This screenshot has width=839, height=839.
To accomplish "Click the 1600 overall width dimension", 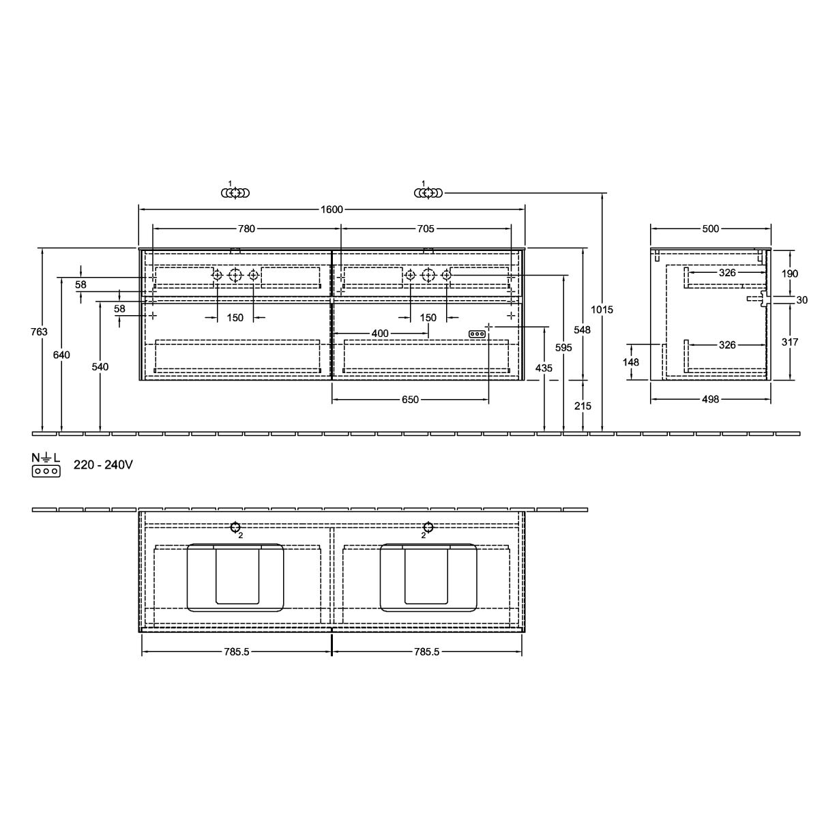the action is click(332, 209).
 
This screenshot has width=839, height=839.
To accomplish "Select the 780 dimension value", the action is click(246, 229).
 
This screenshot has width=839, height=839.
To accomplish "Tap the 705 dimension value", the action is click(426, 229).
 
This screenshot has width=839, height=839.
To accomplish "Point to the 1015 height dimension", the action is click(602, 310).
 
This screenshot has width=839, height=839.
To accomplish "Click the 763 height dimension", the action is click(39, 332).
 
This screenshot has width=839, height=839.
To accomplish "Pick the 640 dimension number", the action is click(61, 355).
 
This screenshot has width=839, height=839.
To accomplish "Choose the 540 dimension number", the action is click(100, 367).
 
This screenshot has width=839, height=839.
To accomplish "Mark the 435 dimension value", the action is click(544, 368).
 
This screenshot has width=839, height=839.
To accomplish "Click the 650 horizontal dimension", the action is click(410, 400).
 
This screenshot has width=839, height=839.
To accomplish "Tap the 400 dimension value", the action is click(380, 334).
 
